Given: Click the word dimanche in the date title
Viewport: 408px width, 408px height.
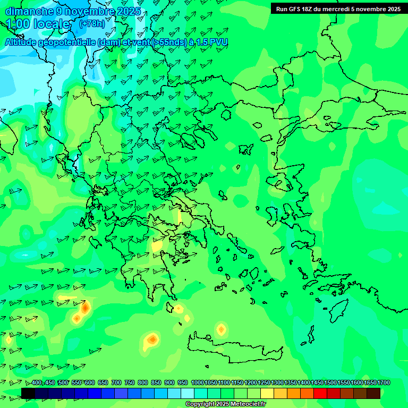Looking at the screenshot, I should coord(29,11).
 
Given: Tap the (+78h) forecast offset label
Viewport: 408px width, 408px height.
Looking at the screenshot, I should coord(92,23).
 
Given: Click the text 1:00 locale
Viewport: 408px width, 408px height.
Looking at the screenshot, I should coord(38,24).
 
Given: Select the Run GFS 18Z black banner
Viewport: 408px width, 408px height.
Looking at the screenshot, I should coord(338,9).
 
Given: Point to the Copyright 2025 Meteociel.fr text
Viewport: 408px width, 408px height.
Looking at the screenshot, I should coord(226,404).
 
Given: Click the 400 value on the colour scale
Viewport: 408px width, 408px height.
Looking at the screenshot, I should coord(37,382).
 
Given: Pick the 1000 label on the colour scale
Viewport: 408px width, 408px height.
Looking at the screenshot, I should coord(197,382).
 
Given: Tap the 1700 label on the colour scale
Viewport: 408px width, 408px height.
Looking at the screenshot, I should coord(384,382).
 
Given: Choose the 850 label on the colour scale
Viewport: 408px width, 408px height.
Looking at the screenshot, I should coord(156,382).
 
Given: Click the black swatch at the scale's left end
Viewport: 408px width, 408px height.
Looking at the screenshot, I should coord(28,393).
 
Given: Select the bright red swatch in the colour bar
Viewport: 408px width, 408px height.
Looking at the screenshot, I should coord(320,393).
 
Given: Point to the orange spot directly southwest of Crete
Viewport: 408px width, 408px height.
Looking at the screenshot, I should coord(152,339).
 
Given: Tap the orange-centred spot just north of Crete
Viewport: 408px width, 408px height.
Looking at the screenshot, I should coord(221,329).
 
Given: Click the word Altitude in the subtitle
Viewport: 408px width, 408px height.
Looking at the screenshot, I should coord(22,42).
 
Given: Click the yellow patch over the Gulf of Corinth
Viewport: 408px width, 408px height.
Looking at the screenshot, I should coord(158,246).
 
